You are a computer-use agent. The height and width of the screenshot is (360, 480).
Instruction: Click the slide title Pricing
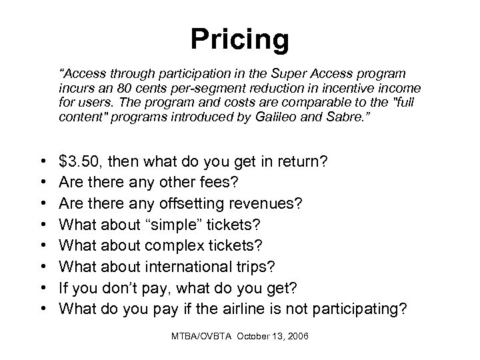click(x=240, y=39)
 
